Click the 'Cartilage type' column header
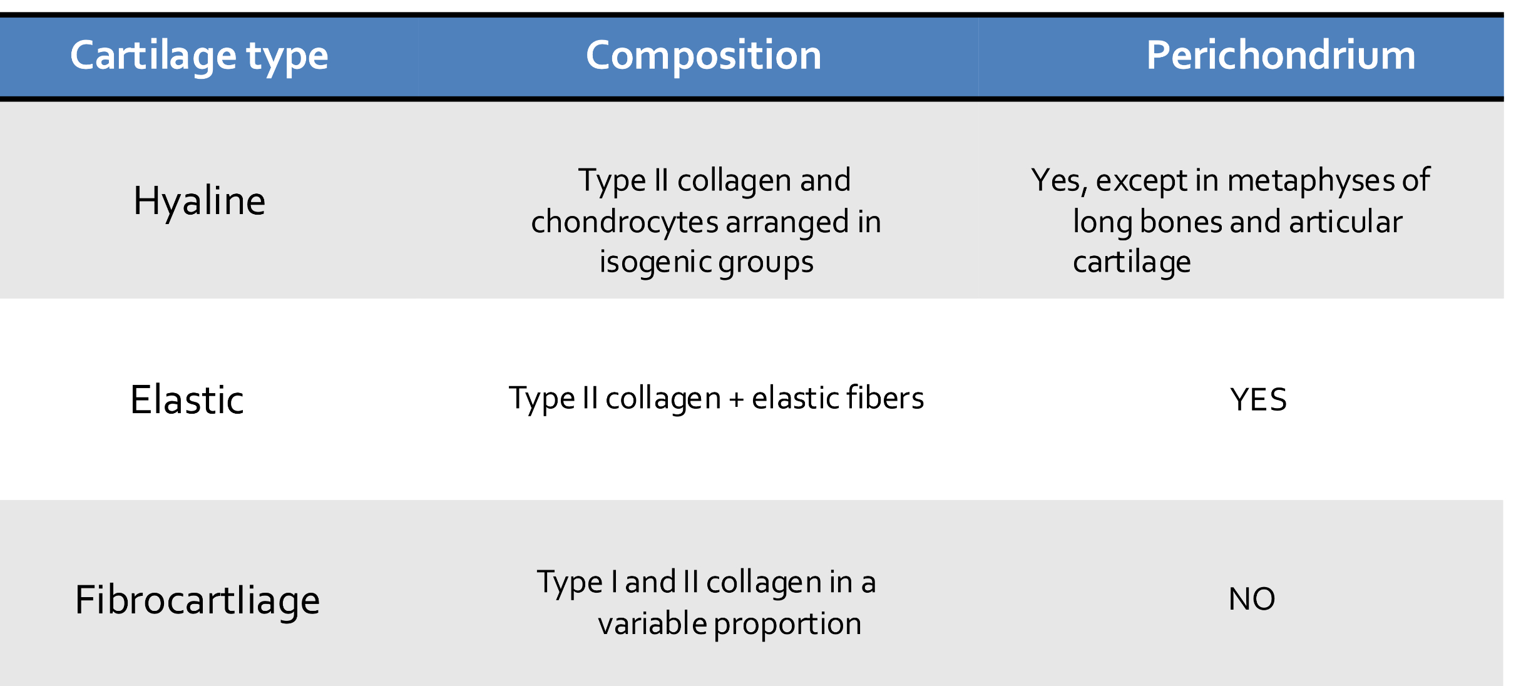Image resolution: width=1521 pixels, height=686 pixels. [x=199, y=56]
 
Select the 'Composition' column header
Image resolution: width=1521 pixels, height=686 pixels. [x=704, y=56]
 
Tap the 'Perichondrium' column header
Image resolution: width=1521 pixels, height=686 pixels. [x=1281, y=56]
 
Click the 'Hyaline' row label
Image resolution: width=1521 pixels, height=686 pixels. [x=199, y=202]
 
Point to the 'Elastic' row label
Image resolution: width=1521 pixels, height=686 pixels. [x=187, y=400]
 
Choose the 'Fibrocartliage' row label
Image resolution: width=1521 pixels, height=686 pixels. [x=197, y=600]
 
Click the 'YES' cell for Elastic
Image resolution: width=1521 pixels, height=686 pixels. [x=1258, y=400]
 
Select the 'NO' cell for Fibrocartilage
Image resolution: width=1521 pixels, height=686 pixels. [x=1252, y=599]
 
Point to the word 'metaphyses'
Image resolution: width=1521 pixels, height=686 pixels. [x=1311, y=181]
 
